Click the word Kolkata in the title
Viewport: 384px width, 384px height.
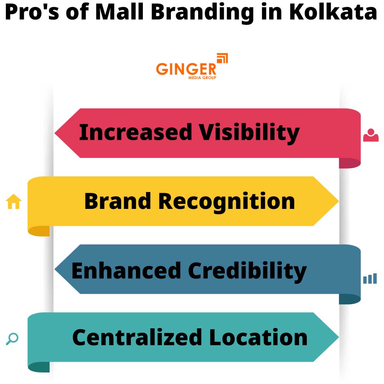[333, 13]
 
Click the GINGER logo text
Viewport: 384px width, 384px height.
[186, 69]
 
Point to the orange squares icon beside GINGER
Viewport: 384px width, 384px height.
[222, 58]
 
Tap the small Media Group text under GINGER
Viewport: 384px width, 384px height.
[202, 78]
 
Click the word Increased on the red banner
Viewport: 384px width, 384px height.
[135, 132]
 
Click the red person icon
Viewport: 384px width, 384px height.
[371, 135]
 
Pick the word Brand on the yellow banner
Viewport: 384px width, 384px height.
[117, 201]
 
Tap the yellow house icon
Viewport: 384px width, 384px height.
[14, 202]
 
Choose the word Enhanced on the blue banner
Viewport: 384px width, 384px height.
[126, 270]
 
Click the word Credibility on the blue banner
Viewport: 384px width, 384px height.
[247, 271]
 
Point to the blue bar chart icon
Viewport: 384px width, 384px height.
[370, 279]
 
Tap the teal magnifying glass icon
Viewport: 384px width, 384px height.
[12, 339]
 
